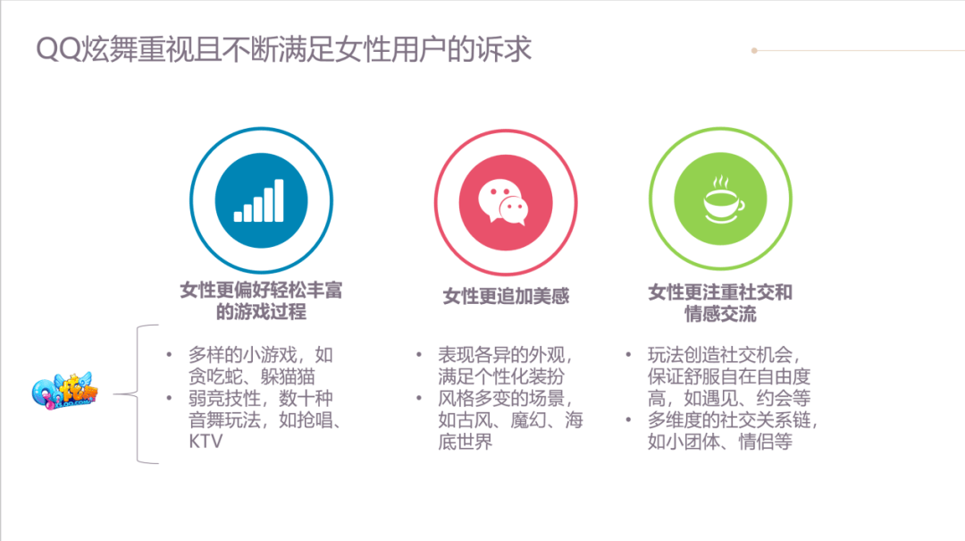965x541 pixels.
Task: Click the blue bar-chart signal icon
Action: (x=259, y=200)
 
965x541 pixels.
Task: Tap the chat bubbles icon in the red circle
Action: (x=504, y=202)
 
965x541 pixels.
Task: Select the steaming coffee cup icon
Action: (x=723, y=199)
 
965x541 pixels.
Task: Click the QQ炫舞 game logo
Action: (x=64, y=391)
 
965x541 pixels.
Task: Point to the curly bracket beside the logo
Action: (x=137, y=394)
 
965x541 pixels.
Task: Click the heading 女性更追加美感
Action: (x=506, y=296)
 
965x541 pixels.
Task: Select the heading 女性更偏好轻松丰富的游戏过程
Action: (x=261, y=300)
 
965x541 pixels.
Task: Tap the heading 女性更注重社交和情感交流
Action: (x=720, y=302)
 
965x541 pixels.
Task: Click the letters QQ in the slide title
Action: (x=58, y=49)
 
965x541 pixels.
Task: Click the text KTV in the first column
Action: (x=206, y=442)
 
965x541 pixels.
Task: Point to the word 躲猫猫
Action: (x=288, y=376)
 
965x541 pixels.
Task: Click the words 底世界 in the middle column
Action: (x=466, y=442)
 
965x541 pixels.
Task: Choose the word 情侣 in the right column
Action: (x=756, y=442)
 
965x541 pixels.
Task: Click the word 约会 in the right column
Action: (x=774, y=398)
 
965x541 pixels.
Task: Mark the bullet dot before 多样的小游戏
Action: (x=169, y=355)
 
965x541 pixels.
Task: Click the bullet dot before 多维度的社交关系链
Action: (x=628, y=420)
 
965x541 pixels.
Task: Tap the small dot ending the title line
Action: (x=754, y=51)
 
